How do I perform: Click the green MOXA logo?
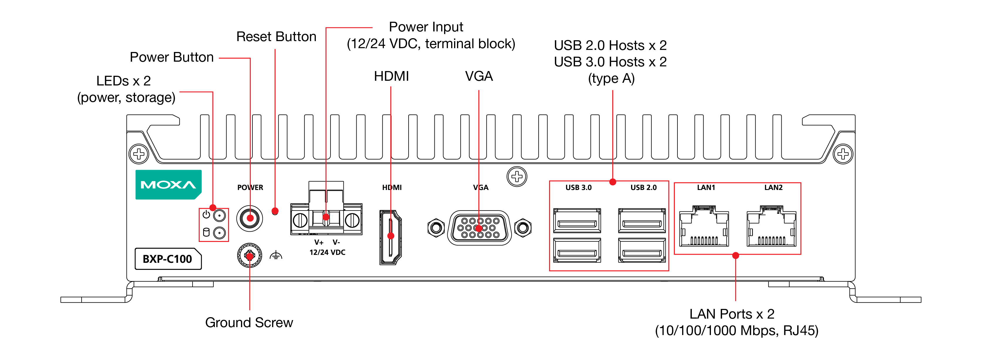pyautogui.click(x=168, y=185)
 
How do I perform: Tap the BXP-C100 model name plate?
pyautogui.click(x=168, y=259)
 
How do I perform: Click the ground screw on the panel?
pyautogui.click(x=249, y=256)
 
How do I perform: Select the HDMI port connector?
pyautogui.click(x=390, y=237)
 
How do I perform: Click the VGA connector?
pyautogui.click(x=479, y=228)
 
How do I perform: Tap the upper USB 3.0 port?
pyautogui.click(x=577, y=221)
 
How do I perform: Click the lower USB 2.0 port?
pyautogui.click(x=642, y=250)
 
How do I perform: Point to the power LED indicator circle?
pyautogui.click(x=220, y=216)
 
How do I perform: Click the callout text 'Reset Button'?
pyautogui.click(x=276, y=37)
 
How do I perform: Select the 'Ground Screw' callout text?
pyautogui.click(x=249, y=323)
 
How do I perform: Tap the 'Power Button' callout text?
pyautogui.click(x=172, y=57)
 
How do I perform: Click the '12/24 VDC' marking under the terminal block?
pyautogui.click(x=327, y=252)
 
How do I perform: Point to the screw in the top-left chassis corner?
pyautogui.click(x=139, y=154)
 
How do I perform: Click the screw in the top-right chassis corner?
pyautogui.click(x=843, y=154)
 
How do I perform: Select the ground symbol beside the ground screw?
pyautogui.click(x=276, y=255)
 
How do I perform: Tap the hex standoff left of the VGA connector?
pyautogui.click(x=436, y=228)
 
